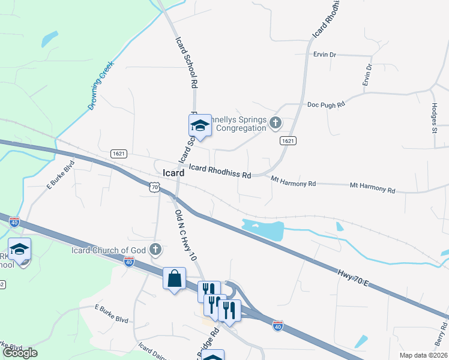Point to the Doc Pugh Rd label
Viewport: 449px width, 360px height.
point(326,104)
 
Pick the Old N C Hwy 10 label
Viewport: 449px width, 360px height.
point(187,235)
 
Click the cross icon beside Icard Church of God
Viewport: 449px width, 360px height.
point(155,249)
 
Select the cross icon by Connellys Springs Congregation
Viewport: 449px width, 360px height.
point(276,123)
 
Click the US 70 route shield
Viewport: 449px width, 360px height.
point(154,188)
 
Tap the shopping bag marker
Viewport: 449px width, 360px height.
point(174,278)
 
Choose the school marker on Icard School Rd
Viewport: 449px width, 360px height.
point(200,125)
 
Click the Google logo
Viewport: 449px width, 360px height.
point(20,353)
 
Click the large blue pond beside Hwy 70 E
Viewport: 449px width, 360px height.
point(262,229)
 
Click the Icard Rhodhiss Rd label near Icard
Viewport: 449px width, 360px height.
point(220,172)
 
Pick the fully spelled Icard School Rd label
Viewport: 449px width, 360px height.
point(186,63)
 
